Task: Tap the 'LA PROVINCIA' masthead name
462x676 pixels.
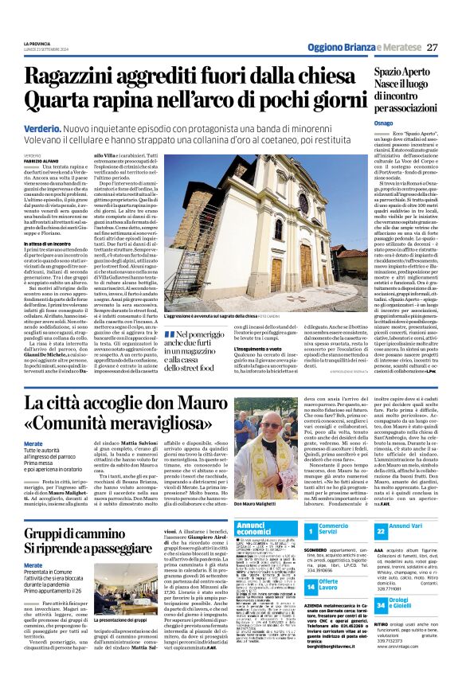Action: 37,43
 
